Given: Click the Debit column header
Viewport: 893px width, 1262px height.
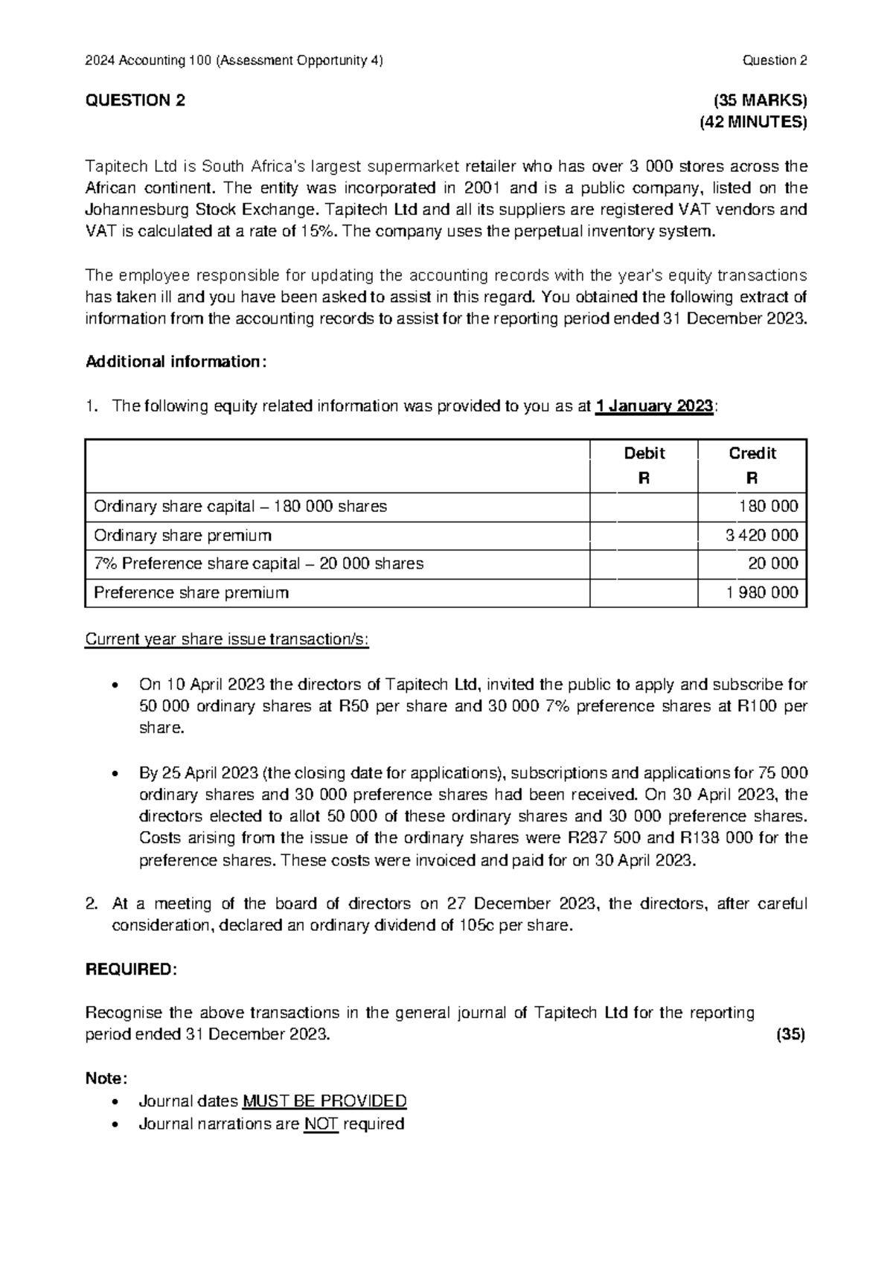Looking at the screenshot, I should [644, 453].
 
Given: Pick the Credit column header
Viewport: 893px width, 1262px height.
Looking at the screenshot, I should [752, 453].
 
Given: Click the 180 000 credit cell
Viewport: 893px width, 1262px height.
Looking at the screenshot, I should [768, 507].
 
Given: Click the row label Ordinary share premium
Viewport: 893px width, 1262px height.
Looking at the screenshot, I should [182, 535].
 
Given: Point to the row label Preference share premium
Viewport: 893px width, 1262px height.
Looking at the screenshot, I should [191, 593].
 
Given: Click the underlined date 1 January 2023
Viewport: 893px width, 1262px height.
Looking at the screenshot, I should [655, 406].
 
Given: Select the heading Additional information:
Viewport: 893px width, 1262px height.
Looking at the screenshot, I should [176, 362].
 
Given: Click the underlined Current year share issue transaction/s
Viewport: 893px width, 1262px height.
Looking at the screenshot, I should [227, 640].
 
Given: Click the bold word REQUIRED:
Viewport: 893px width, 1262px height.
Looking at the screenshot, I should [132, 970].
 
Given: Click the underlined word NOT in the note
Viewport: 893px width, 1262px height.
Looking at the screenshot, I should [321, 1124].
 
